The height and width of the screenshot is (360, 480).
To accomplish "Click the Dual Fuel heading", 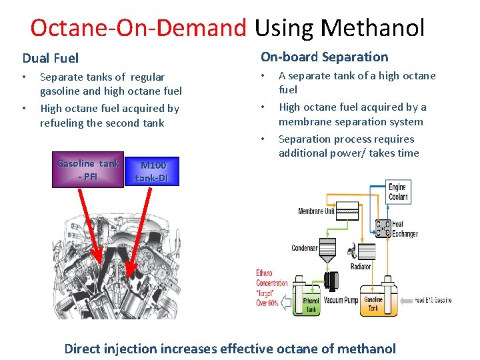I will point(51,59).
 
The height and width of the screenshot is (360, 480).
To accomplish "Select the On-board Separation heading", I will point(324,57).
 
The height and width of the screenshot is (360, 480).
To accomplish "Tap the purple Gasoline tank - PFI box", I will point(87,170).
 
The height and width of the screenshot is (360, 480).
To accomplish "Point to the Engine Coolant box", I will point(397,191).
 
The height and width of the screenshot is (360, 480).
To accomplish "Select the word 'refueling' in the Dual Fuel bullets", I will point(62,123).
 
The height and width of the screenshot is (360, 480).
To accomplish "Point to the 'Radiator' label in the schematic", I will point(361,267).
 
